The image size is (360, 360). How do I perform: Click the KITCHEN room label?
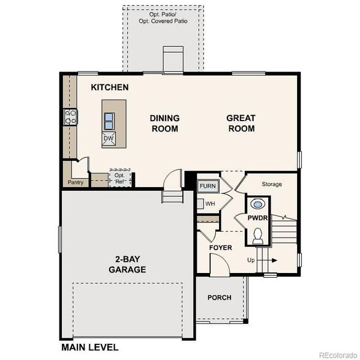110,88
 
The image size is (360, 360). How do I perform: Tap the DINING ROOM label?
164,123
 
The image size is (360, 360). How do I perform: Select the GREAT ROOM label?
241,123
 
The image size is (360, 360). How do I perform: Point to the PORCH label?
219,298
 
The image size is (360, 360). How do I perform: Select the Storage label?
271,184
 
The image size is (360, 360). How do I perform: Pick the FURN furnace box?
208,186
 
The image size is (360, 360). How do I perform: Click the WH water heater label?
210,204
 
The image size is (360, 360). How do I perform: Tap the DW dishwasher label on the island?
109,139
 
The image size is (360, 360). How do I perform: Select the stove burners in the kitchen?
71,116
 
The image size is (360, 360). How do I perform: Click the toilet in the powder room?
259,236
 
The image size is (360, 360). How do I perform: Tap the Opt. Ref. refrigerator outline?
119,177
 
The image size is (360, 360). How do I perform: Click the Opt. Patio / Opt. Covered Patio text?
163,17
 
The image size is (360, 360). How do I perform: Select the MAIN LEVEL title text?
90,347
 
